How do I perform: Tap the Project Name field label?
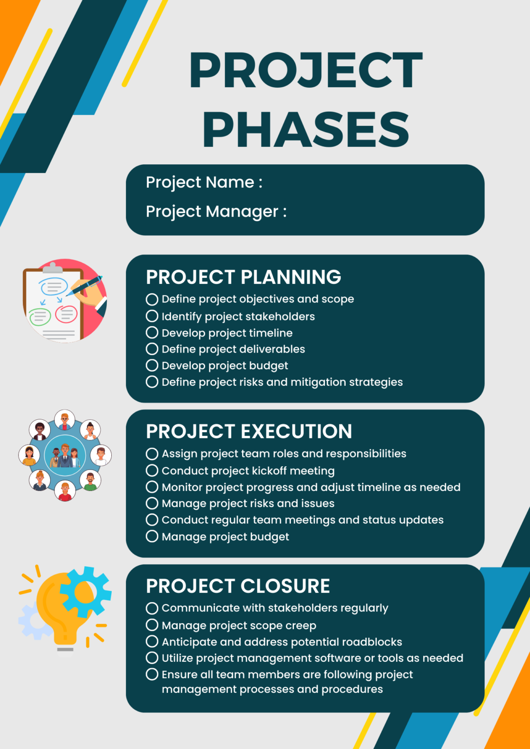click(x=204, y=182)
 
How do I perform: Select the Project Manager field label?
click(x=216, y=212)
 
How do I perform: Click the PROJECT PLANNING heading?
click(x=243, y=277)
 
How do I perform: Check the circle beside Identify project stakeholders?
click(x=152, y=316)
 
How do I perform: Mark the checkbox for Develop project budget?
click(x=152, y=365)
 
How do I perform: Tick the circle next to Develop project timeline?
click(x=152, y=333)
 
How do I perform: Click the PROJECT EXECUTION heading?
click(x=249, y=432)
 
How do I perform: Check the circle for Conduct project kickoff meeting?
click(x=152, y=471)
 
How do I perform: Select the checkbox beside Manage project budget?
click(x=152, y=536)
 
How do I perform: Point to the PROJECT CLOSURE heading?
click(x=238, y=586)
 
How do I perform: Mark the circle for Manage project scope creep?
click(x=152, y=625)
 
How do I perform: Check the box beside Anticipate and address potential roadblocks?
click(x=152, y=641)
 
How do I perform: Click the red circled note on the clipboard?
click(x=66, y=314)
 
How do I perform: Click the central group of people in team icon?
click(x=65, y=456)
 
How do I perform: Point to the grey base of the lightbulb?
click(x=65, y=650)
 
